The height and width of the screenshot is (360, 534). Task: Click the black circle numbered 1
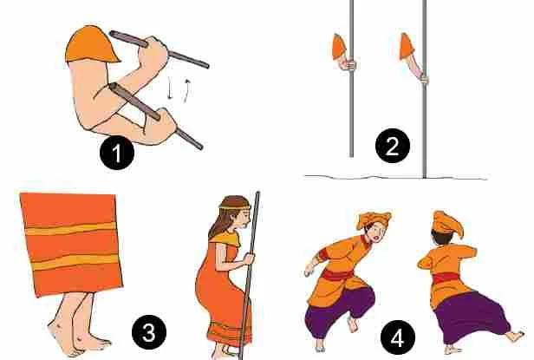117,153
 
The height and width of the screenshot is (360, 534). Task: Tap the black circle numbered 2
393,146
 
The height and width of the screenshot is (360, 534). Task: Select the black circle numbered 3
149,332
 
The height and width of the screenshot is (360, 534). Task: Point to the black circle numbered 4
398,338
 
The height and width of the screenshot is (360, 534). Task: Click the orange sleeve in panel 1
91,44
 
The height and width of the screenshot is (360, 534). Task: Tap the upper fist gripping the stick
153,55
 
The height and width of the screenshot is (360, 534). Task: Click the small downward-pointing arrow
170,88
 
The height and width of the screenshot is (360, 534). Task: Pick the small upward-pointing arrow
186,91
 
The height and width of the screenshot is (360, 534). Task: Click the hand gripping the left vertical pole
348,65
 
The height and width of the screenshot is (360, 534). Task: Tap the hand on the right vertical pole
424,79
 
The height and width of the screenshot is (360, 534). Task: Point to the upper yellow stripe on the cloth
70,228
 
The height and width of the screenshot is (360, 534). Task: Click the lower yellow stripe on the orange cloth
75,262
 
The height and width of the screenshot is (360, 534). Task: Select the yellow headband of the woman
235,206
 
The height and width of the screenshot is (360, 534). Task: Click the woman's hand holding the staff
249,259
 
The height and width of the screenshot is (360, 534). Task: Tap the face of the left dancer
377,232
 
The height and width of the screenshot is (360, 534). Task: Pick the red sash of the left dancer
336,275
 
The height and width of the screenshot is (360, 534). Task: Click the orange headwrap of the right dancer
446,222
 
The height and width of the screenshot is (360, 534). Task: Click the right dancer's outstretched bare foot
515,336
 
